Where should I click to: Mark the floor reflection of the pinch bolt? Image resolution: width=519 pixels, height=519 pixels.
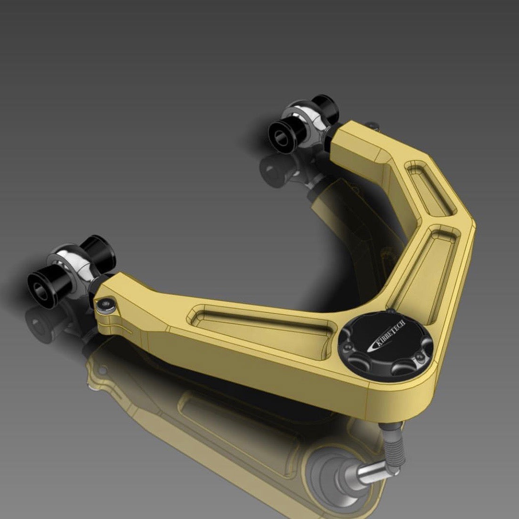tap(101, 372)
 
